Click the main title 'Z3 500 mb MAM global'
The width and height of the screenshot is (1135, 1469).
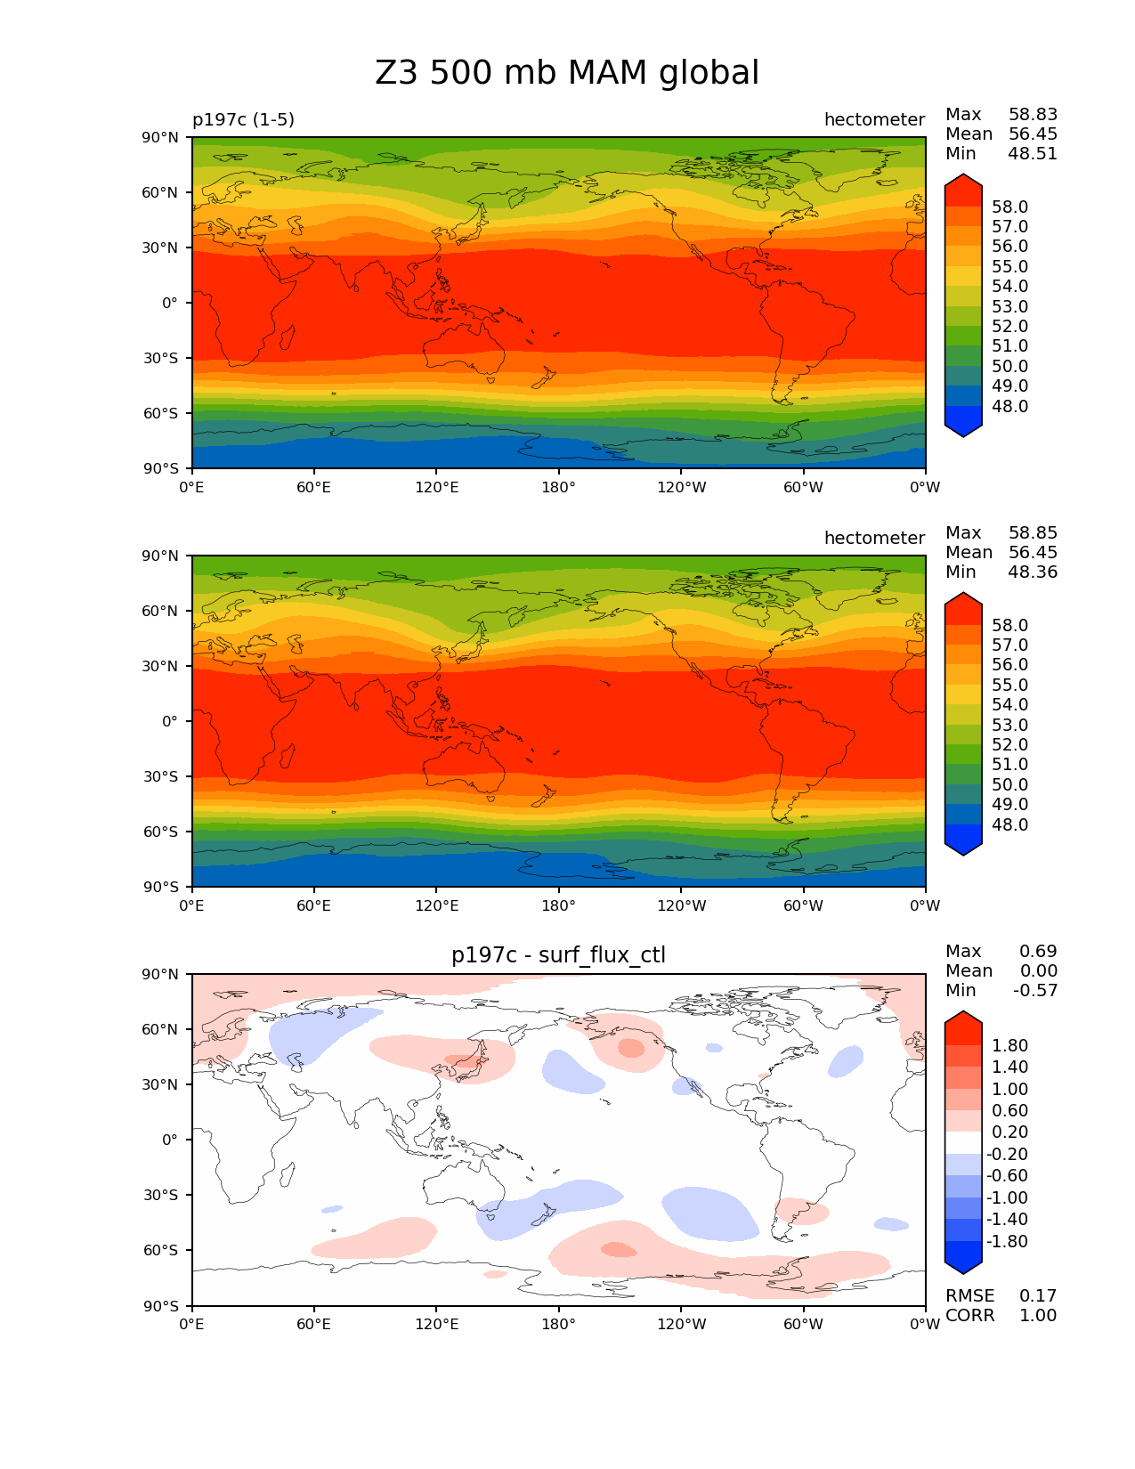point(567,73)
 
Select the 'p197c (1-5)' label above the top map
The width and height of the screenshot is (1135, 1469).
point(243,119)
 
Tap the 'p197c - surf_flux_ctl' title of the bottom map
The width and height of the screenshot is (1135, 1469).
point(558,955)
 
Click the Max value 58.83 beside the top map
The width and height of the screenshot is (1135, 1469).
point(1033,114)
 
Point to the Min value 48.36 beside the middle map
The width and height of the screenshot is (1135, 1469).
point(1033,572)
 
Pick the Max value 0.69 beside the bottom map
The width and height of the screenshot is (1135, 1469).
point(1038,951)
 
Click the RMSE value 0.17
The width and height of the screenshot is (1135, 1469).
point(1038,1295)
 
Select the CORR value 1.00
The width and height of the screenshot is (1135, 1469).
point(1038,1315)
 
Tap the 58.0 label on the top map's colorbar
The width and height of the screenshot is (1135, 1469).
point(1009,207)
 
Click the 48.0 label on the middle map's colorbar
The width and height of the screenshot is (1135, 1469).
point(1009,824)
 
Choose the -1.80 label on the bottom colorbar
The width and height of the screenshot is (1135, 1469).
point(1007,1241)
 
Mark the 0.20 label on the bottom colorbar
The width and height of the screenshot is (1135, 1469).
point(1009,1132)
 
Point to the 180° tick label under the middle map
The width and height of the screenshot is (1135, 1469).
point(558,905)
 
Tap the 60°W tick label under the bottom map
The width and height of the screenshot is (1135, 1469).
point(803,1324)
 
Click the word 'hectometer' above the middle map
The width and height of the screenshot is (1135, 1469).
point(874,538)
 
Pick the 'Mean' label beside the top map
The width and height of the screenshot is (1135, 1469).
point(969,134)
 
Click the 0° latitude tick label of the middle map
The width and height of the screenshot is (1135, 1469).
point(170,721)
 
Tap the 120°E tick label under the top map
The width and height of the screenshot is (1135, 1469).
point(436,487)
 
